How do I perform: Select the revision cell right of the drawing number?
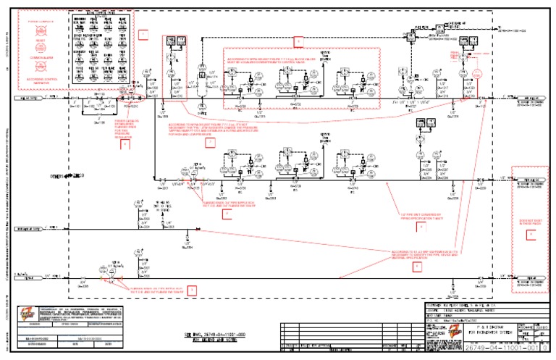pos(545,348)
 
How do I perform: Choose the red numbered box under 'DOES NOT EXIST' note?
pos(531,235)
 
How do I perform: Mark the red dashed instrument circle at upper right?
pos(476,74)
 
